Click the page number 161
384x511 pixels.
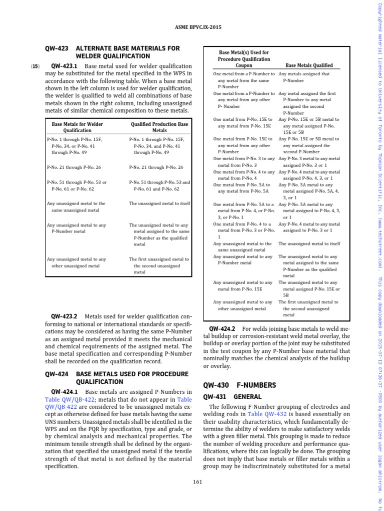click(x=196, y=481)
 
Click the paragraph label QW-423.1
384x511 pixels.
click(x=64, y=66)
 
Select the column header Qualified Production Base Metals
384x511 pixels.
click(x=159, y=127)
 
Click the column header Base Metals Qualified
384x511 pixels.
click(x=308, y=65)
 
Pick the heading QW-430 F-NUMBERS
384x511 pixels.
click(x=239, y=385)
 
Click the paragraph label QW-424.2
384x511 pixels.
click(x=222, y=328)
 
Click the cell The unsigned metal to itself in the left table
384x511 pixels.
click(x=159, y=203)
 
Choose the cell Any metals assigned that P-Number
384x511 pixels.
click(x=305, y=77)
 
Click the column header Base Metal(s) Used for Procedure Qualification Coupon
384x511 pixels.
click(x=244, y=58)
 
